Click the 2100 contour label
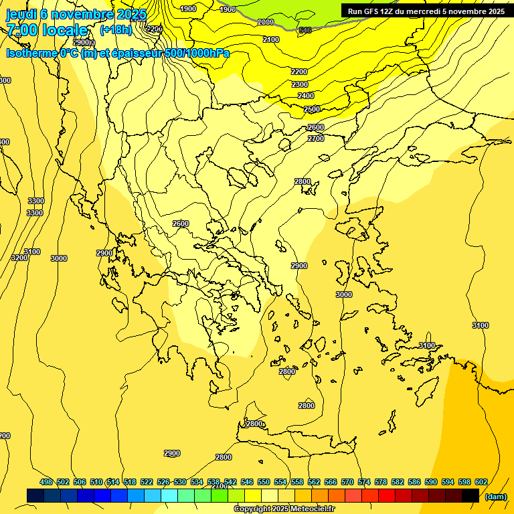[271, 39]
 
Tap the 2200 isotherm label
[299, 72]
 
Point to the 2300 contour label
[300, 84]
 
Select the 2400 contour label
[306, 96]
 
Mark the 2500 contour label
[312, 109]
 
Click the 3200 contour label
[19, 258]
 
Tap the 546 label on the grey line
[305, 30]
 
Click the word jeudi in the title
[21, 14]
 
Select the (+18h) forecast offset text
[115, 30]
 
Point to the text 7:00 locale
[47, 30]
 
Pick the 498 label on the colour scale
[46, 482]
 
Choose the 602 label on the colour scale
[481, 482]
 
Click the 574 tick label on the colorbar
[364, 482]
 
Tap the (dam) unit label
[495, 496]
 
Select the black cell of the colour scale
[470, 495]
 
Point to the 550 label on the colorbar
[264, 482]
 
